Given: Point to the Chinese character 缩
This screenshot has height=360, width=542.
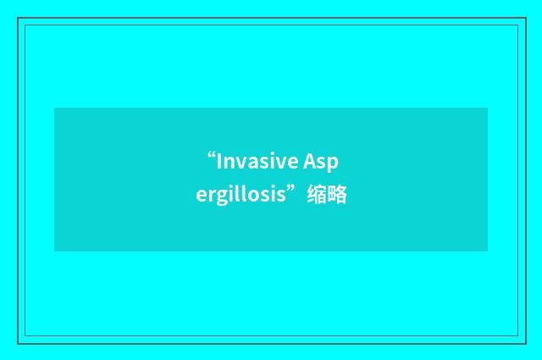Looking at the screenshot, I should (x=319, y=197).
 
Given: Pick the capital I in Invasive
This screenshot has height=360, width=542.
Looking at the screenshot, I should (x=219, y=161).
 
